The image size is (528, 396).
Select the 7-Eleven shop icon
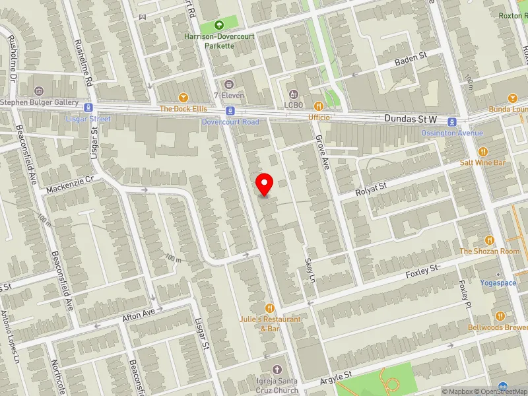coord(228,84)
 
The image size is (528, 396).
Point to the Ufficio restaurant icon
coord(319,106)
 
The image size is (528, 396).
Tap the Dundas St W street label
coord(411,119)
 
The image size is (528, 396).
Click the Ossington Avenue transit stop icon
coord(452,121)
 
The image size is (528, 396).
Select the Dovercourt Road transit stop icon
coord(230,110)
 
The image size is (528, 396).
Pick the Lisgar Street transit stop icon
coord(87,108)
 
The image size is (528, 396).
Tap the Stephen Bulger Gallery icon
coord(39,91)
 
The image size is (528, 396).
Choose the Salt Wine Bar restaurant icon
coord(482,151)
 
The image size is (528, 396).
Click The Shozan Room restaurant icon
coord(490,240)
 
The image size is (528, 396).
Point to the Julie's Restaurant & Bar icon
coord(270,308)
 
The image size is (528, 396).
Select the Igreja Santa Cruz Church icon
coord(277,369)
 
